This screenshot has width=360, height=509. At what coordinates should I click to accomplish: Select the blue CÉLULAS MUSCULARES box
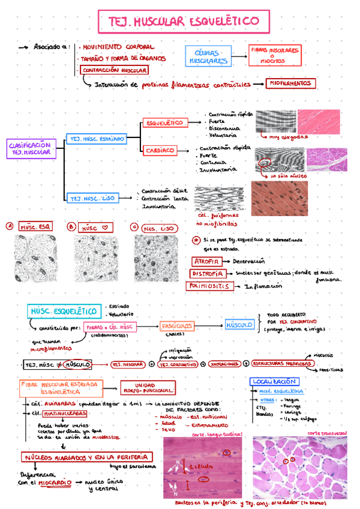click(208, 56)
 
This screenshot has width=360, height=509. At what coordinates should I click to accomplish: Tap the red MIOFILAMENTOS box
click(290, 83)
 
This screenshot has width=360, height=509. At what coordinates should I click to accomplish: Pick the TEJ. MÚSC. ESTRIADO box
click(97, 139)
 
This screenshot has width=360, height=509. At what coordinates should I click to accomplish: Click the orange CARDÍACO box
click(160, 150)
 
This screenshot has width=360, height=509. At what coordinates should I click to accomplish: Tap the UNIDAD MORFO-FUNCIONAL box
click(148, 388)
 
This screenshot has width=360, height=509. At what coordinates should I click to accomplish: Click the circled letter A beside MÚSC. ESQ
click(10, 226)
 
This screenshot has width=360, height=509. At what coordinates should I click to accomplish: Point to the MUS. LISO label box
click(158, 228)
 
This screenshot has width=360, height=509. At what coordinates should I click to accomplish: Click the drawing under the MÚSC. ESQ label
click(37, 259)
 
